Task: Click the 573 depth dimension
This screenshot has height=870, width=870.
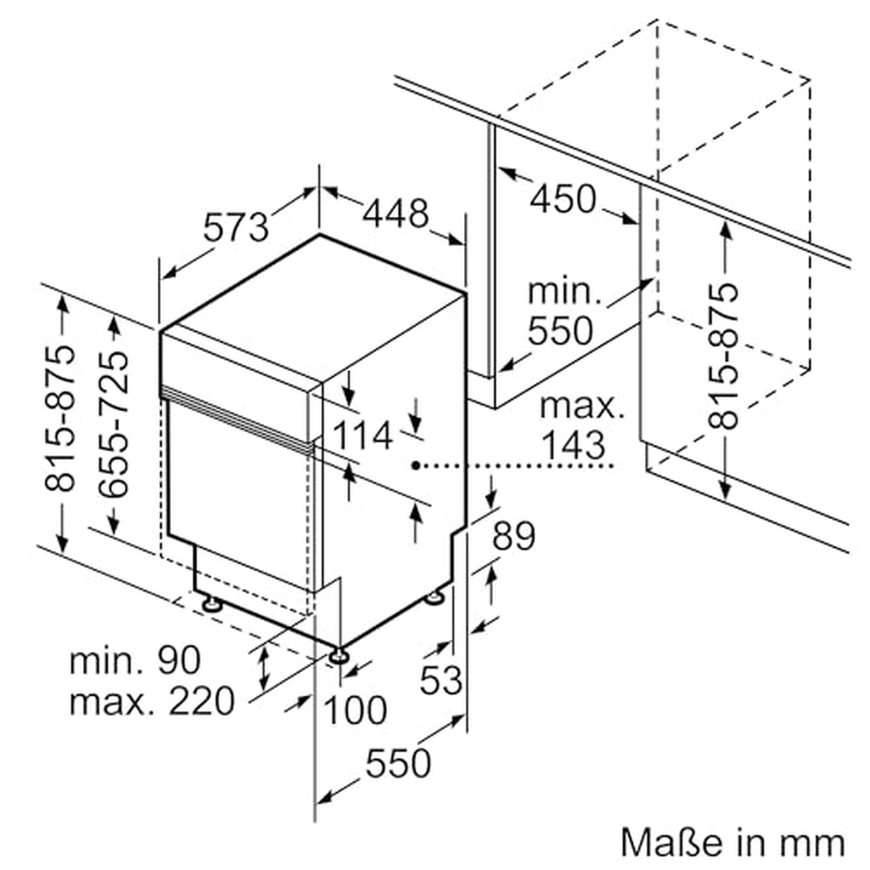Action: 236,226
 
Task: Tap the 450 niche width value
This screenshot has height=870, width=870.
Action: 562,198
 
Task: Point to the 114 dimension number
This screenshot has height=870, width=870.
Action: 362,436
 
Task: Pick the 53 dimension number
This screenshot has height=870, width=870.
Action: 441,679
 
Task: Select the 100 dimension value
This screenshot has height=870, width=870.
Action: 354,710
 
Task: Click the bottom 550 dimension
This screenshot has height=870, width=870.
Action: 398,763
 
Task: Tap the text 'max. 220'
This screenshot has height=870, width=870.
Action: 152,701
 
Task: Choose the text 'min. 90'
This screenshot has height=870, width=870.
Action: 135,660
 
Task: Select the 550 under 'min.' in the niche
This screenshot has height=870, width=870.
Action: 560,331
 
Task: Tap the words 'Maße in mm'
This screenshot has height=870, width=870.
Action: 733,842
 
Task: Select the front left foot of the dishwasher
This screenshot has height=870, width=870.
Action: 211,603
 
